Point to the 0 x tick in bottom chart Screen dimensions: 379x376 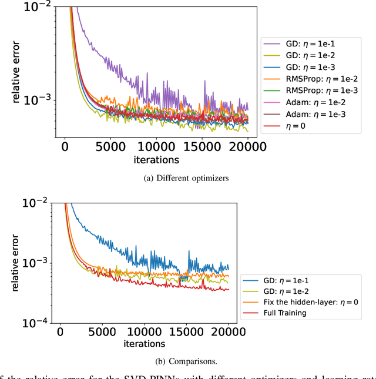tap(60, 332)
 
